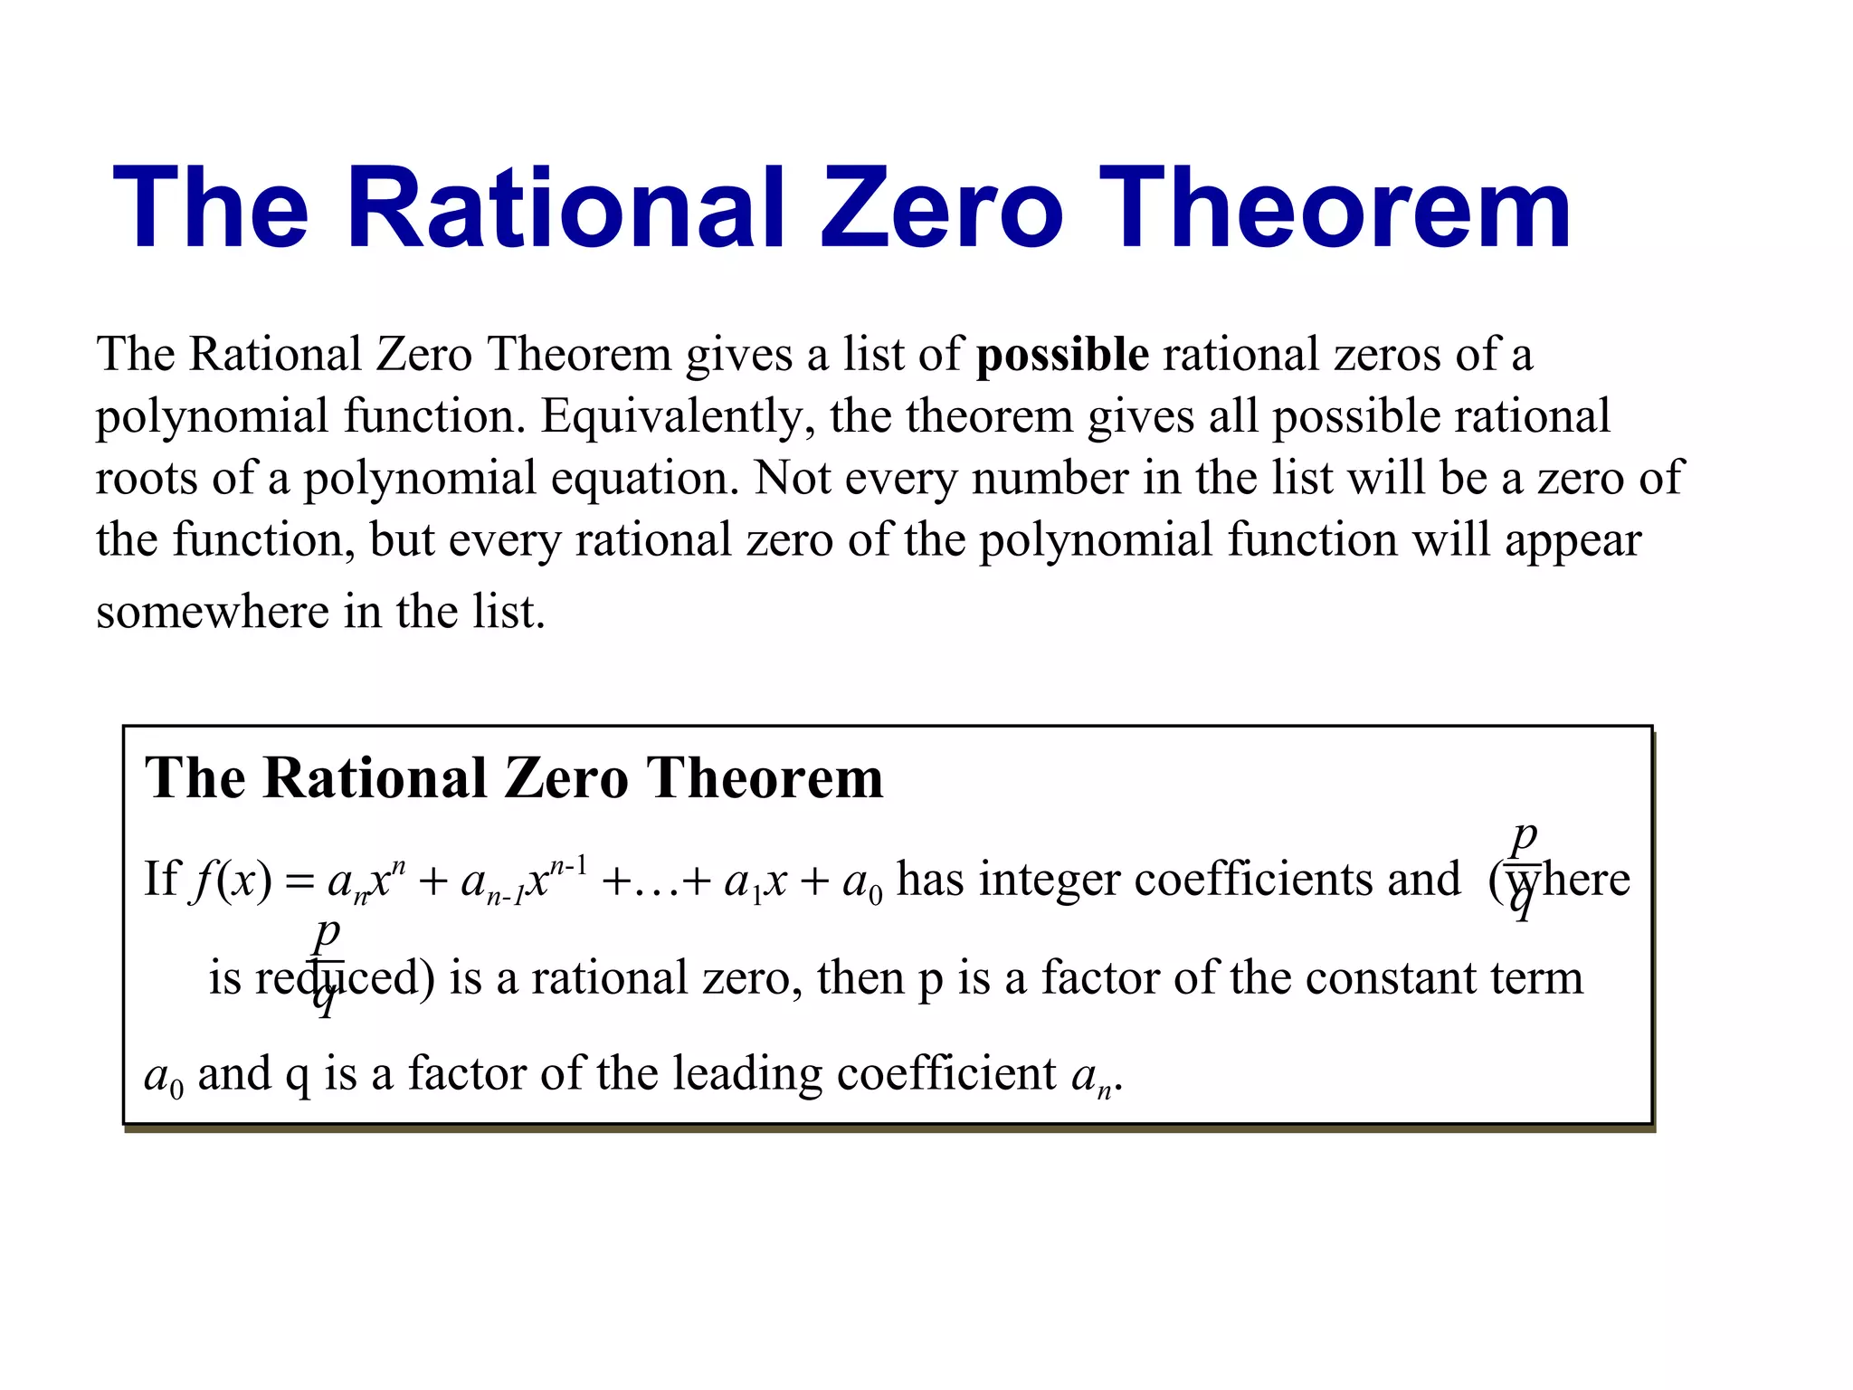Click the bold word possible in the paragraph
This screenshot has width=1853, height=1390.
(x=1062, y=354)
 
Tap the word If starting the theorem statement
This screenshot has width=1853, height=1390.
(x=162, y=879)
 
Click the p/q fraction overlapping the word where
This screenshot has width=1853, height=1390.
(x=1524, y=869)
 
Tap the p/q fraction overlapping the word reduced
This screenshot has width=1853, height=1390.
(x=327, y=966)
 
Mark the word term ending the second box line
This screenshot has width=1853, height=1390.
(x=1538, y=978)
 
